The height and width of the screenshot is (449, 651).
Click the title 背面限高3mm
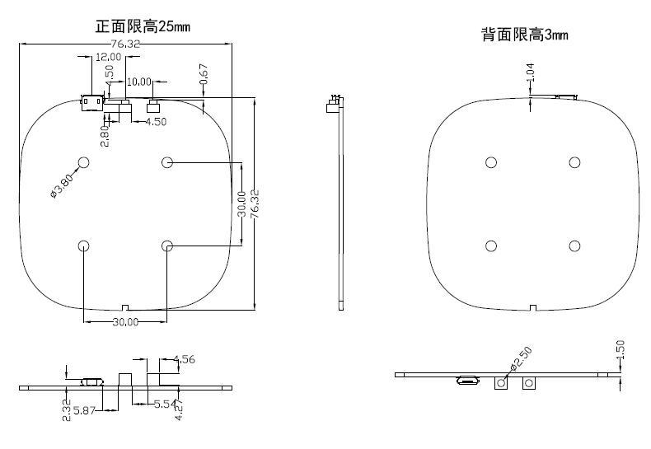pos(525,35)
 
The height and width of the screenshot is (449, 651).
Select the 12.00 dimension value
pos(108,57)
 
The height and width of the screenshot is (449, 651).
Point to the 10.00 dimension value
pos(139,82)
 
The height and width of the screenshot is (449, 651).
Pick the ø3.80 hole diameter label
pos(63,185)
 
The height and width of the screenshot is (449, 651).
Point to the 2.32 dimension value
pos(66,409)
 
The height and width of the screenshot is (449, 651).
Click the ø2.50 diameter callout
pos(521,359)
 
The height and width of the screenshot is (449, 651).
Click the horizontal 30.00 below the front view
pos(125,322)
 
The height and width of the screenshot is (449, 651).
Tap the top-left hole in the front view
pos(84,162)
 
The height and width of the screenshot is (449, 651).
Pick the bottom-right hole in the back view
pos(574,246)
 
